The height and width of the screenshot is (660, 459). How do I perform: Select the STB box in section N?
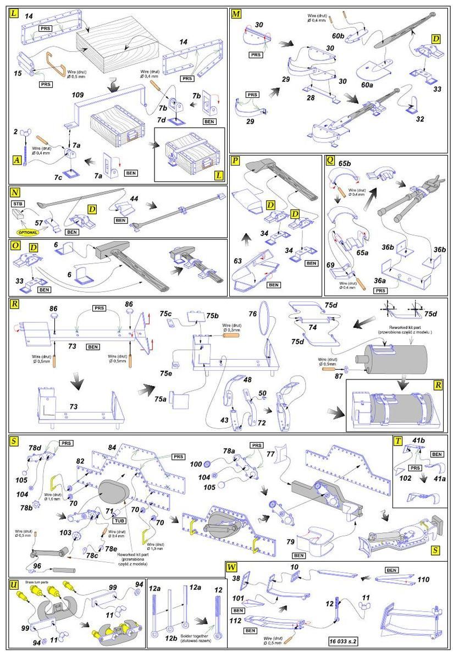click(18, 203)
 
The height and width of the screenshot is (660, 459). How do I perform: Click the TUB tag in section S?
click(118, 520)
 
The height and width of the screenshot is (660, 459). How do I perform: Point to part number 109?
click(78, 95)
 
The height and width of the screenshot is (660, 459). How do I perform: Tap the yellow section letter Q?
click(330, 161)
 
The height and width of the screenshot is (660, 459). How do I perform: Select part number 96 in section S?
click(37, 565)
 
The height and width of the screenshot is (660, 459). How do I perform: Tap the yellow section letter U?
click(14, 585)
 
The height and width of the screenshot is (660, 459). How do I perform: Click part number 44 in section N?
click(134, 196)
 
